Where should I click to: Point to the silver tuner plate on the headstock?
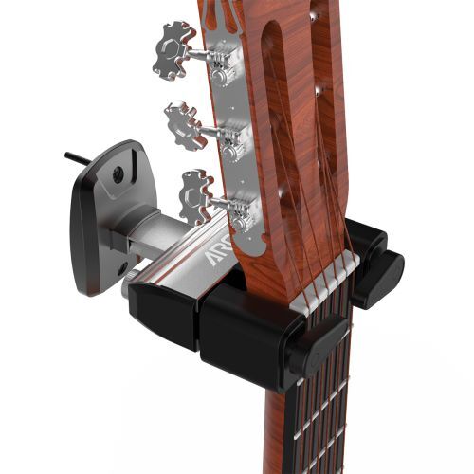click(x=228, y=142)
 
